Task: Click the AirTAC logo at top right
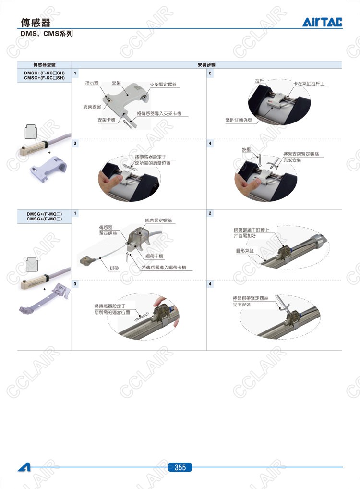pyautogui.click(x=322, y=22)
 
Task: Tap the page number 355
pyautogui.click(x=180, y=467)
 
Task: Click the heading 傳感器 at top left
pyautogui.click(x=36, y=23)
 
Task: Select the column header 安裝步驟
pyautogui.click(x=206, y=65)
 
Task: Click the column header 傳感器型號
pyautogui.click(x=45, y=65)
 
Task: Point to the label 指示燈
pyautogui.click(x=92, y=83)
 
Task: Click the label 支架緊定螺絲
pyautogui.click(x=163, y=85)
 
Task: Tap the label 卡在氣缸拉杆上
pyautogui.click(x=309, y=84)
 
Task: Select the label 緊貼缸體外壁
pyautogui.click(x=239, y=120)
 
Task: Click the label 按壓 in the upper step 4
pyautogui.click(x=246, y=150)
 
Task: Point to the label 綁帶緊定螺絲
pyautogui.click(x=158, y=220)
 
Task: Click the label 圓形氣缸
pyautogui.click(x=245, y=251)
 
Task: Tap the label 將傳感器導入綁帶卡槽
pyautogui.click(x=164, y=267)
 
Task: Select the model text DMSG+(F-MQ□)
pyautogui.click(x=44, y=214)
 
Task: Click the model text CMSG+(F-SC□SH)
pyautogui.click(x=44, y=78)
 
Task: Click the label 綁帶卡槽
pyautogui.click(x=154, y=256)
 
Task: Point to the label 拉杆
pyautogui.click(x=260, y=81)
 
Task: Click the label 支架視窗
pyautogui.click(x=92, y=107)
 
